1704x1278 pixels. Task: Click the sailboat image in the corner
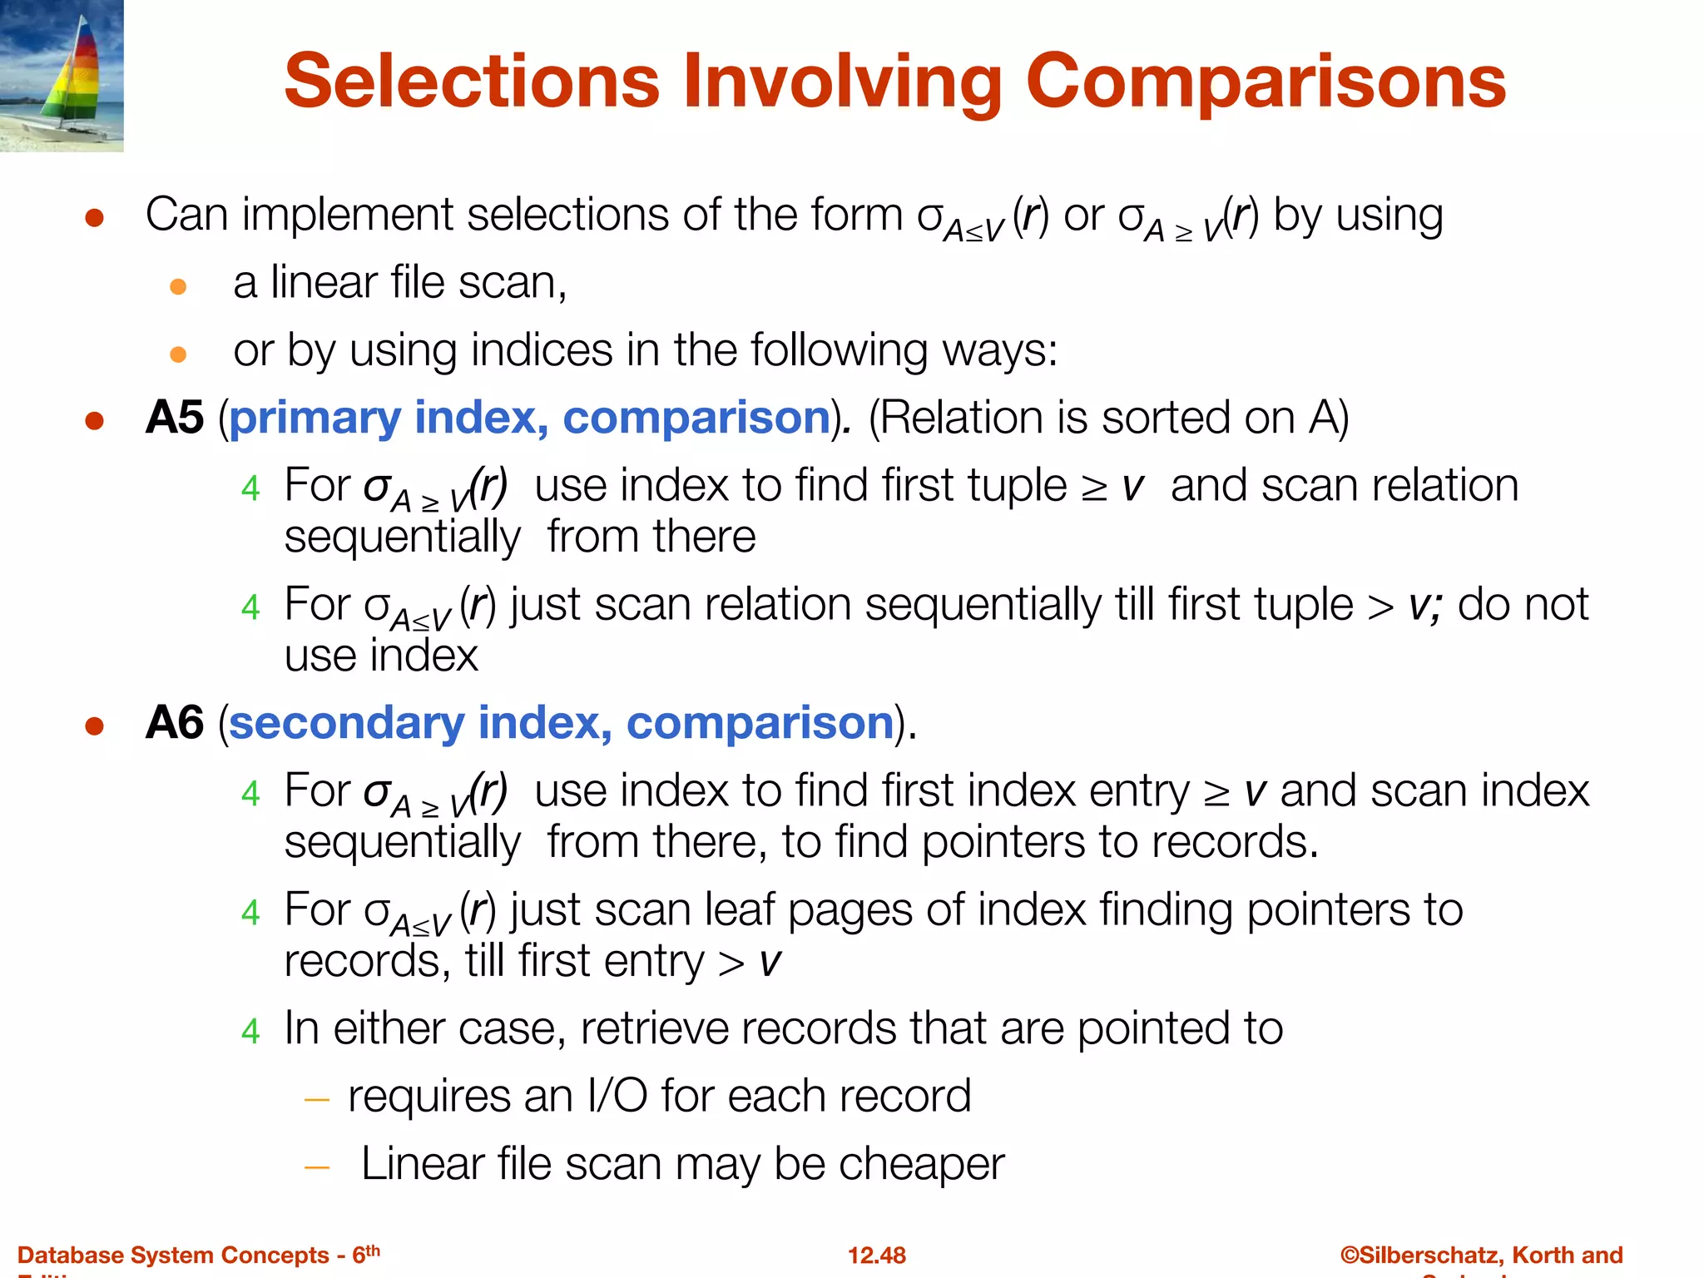pyautogui.click(x=62, y=76)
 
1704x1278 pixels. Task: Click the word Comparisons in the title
pyautogui.click(x=1266, y=82)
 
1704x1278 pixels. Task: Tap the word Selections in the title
pyautogui.click(x=472, y=82)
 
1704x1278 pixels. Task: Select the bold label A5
pyautogui.click(x=174, y=417)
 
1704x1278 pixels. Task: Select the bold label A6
pyautogui.click(x=174, y=722)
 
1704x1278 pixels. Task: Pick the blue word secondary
pyautogui.click(x=346, y=723)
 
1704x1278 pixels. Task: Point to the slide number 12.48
pyautogui.click(x=876, y=1255)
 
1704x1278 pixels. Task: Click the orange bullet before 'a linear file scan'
pyautogui.click(x=177, y=288)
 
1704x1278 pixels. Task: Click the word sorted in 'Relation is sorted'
pyautogui.click(x=1167, y=417)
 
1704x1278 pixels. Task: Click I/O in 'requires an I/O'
pyautogui.click(x=617, y=1096)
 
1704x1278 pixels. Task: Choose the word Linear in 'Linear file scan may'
pyautogui.click(x=422, y=1164)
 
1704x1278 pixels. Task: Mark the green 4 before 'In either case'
pyautogui.click(x=250, y=1032)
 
